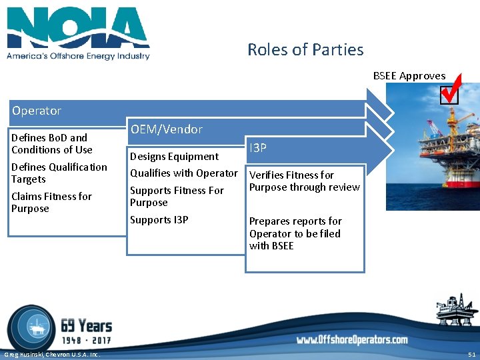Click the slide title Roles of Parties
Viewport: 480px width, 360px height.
pos(305,50)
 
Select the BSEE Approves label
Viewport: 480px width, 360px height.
pos(409,76)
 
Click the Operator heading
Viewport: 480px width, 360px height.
pos(36,111)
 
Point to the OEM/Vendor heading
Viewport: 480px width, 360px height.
pos(166,129)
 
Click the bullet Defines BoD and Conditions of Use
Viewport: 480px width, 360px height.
pos(52,143)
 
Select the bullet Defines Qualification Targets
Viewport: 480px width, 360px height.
pos(59,173)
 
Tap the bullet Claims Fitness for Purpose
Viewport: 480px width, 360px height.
pos(51,202)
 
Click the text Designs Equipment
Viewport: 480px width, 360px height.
pos(174,157)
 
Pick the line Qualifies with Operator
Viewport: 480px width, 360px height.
pos(183,173)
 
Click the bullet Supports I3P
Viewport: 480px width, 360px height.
pos(159,220)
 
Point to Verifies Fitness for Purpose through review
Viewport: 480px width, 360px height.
pos(304,181)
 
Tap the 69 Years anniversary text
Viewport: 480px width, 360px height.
pos(86,326)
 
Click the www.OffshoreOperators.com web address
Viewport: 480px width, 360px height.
pos(352,340)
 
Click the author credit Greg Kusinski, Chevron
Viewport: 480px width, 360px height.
pos(51,354)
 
